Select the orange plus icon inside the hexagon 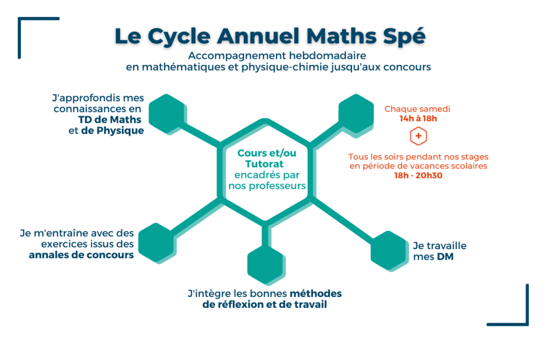tap(418, 136)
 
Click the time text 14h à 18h tap(418, 119)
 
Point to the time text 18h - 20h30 tap(418, 176)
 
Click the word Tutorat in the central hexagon tap(264, 164)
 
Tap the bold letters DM tap(445, 257)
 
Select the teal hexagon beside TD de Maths tap(168, 114)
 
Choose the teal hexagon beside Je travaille tap(389, 251)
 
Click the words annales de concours tap(82, 255)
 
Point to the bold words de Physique tap(112, 131)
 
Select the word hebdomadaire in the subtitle tap(327, 55)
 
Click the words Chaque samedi tap(417, 109)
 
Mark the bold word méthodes tap(316, 294)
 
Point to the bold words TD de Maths tap(110, 120)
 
